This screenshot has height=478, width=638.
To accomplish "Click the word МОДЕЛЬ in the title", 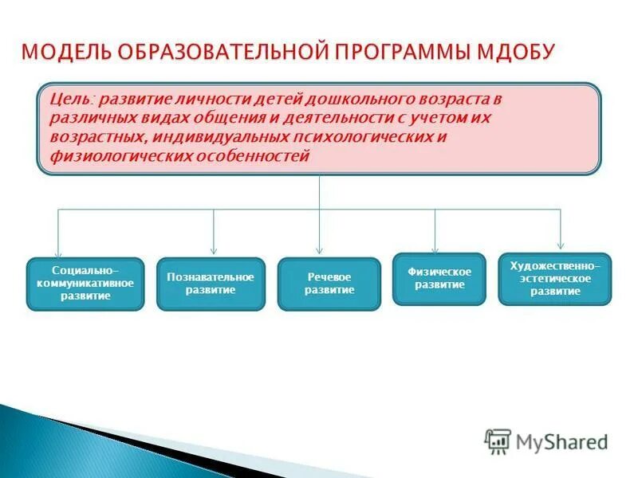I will pyautogui.click(x=67, y=52).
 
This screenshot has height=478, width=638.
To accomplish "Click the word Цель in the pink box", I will pyautogui.click(x=69, y=99).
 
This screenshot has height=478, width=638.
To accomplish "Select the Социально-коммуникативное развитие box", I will pyautogui.click(x=85, y=284).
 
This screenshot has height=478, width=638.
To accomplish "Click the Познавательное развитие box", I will pyautogui.click(x=211, y=284).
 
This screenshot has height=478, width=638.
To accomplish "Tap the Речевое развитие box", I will pyautogui.click(x=329, y=284).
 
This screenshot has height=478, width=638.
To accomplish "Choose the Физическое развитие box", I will pyautogui.click(x=439, y=279).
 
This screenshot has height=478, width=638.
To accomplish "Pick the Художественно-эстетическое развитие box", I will pyautogui.click(x=555, y=279).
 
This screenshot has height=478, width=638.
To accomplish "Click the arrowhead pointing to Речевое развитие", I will pyautogui.click(x=320, y=250).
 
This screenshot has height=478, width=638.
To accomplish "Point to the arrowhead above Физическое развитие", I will pyautogui.click(x=435, y=248).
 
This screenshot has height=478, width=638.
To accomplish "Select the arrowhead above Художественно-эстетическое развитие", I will pyautogui.click(x=561, y=245).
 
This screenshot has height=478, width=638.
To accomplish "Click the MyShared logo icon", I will pyautogui.click(x=498, y=441).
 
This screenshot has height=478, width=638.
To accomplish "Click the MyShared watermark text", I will pyautogui.click(x=561, y=441).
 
